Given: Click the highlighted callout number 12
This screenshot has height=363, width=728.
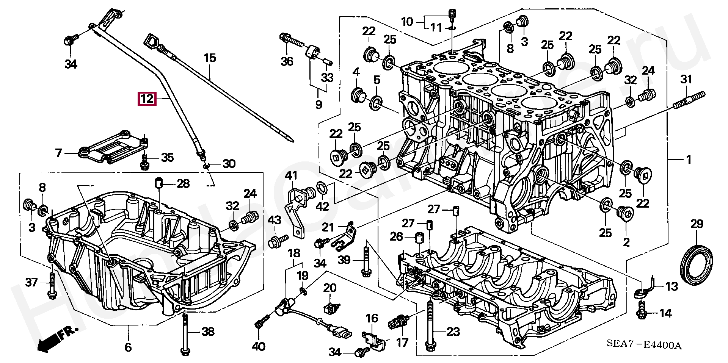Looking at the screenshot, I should [147, 99].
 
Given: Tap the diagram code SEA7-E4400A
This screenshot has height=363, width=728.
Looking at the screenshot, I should [644, 345].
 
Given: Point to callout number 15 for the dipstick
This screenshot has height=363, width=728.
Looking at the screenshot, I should [210, 58].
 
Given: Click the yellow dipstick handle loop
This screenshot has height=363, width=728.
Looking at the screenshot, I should [152, 41].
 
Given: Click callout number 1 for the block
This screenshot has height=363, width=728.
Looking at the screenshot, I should [689, 160].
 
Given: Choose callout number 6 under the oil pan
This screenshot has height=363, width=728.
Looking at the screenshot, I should [128, 347].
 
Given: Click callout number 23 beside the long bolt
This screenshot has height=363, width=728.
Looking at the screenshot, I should [453, 332].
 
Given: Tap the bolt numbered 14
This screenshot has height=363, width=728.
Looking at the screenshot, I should [642, 310].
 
